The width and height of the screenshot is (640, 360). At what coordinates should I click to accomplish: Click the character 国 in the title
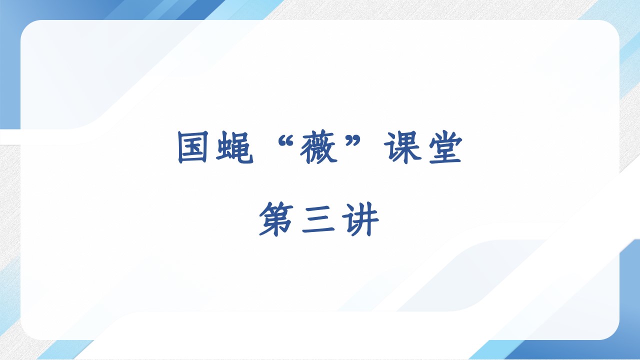coord(192,147)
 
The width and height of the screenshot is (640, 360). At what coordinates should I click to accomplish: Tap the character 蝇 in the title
coord(235,147)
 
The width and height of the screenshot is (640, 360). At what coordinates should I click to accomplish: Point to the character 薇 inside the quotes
coord(319,148)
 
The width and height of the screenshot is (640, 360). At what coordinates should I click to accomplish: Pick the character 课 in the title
coord(403,147)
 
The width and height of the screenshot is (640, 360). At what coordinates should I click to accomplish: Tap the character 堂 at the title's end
coord(445,147)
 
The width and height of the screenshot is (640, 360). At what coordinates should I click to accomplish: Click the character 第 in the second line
coord(276,219)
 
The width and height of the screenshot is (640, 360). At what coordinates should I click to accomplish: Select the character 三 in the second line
coord(318,219)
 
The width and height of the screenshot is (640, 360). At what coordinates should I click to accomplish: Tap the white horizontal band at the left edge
coord(10,136)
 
